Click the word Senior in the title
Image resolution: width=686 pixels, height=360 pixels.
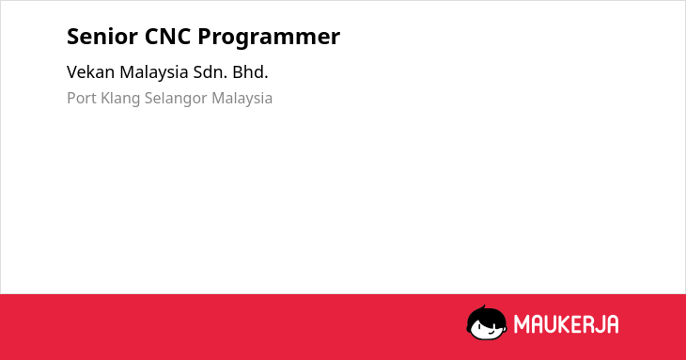[x=102, y=37]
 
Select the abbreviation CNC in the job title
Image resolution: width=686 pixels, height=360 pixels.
[x=167, y=37]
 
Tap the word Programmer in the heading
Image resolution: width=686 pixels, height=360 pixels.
[x=269, y=38]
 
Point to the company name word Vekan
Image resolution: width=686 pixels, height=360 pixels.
[x=90, y=72]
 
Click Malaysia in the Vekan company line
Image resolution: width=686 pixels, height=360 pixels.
[x=154, y=73]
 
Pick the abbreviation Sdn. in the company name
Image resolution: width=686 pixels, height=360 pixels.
[x=210, y=72]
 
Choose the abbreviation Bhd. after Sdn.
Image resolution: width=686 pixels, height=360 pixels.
[x=250, y=72]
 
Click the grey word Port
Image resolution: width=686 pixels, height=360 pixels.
[x=82, y=98]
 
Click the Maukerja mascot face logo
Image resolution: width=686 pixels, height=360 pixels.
[x=487, y=322]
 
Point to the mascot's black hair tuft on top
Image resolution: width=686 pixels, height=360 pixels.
[x=483, y=308]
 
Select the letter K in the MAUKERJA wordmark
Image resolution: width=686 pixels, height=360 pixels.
[x=564, y=324]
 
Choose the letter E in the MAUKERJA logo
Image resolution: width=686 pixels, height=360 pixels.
[x=577, y=324]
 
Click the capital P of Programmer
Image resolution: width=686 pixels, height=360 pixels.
[x=205, y=37]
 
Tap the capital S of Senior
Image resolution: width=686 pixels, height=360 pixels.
[x=73, y=37]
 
